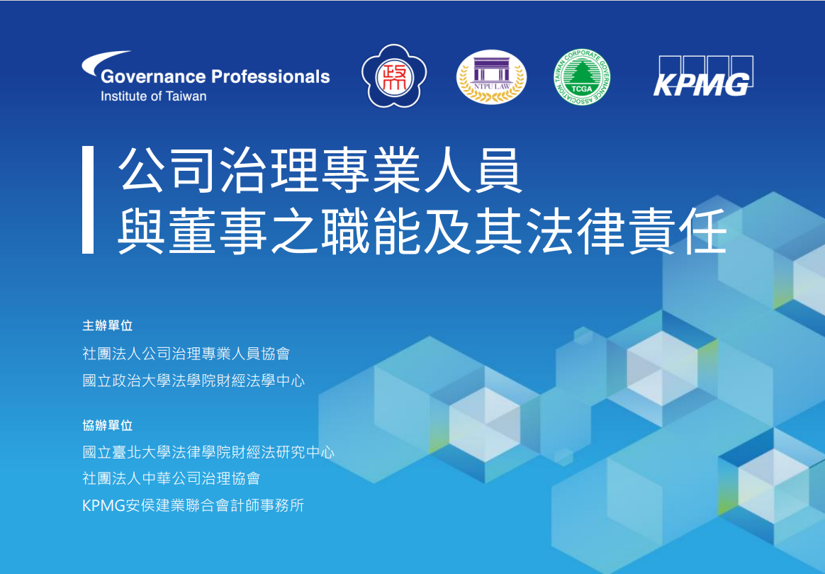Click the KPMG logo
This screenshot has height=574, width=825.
[704, 77]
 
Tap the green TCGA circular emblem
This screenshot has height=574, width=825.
[582, 77]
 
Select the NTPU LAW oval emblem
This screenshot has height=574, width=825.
[491, 77]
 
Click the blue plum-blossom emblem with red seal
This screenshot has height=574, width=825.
[394, 77]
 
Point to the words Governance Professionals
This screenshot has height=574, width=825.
[215, 77]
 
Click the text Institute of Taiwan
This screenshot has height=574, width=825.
[154, 96]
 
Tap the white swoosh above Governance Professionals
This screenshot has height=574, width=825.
[105, 62]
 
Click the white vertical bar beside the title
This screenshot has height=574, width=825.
[88, 200]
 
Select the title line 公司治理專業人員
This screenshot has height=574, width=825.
[320, 171]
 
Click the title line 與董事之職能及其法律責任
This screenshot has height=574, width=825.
[422, 230]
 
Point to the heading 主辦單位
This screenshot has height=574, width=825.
[107, 326]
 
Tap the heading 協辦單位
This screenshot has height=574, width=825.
[107, 425]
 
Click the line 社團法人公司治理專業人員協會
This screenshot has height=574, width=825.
[186, 354]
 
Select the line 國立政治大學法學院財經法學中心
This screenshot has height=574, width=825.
[193, 381]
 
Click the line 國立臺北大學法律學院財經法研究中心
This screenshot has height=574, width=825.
[208, 452]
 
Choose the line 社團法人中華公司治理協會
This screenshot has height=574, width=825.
[172, 478]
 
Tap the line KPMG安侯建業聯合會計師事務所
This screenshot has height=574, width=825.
[193, 505]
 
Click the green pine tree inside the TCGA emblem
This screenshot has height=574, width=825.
[581, 73]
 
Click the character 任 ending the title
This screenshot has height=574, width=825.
[703, 230]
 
